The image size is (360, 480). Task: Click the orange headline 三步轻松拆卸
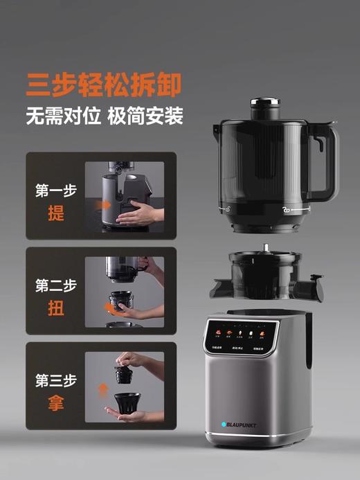(x=103, y=82)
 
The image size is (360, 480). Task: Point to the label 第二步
(x=56, y=285)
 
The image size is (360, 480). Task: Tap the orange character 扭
(x=56, y=308)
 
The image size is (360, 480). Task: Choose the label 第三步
(x=56, y=380)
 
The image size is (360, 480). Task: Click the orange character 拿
(x=56, y=403)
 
